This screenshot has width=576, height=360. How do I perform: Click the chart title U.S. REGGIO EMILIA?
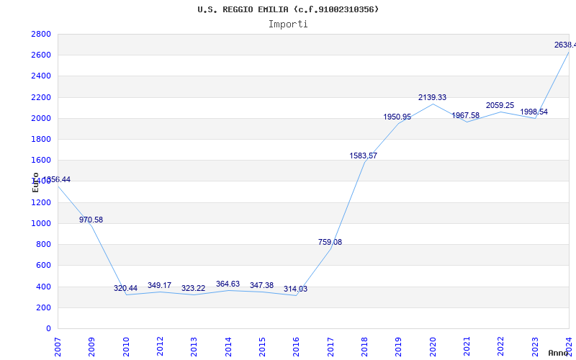pos(288,9)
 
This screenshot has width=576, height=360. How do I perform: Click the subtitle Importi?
pos(288,24)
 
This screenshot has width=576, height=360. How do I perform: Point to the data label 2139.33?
pos(432,97)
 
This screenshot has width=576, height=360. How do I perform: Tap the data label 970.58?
pos(91,220)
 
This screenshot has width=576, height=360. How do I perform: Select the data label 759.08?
pos(330,242)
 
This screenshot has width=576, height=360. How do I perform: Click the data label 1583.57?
pos(363,156)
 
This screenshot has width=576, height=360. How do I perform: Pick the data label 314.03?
pos(296,289)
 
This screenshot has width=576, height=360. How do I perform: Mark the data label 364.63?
pos(228,284)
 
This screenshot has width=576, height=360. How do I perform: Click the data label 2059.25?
pos(500,105)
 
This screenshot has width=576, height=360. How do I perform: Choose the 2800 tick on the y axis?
pos(41,35)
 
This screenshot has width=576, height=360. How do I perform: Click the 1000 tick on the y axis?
pos(41,223)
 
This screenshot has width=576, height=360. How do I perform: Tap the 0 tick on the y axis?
pos(48,328)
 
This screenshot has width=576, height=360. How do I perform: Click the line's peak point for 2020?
pos(432,104)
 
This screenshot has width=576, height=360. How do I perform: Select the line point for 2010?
pos(126,294)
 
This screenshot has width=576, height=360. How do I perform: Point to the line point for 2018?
pos(364,162)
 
